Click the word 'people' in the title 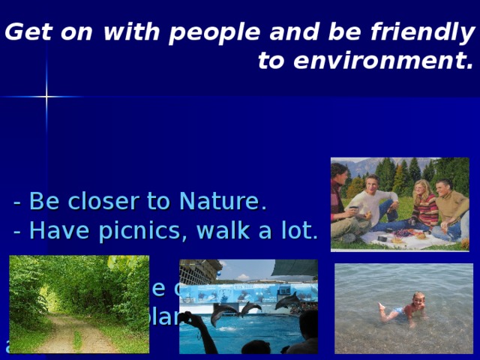(x=207, y=33)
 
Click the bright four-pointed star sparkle (x=46, y=97)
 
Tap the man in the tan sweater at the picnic (x=450, y=205)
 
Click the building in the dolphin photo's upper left (x=199, y=271)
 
